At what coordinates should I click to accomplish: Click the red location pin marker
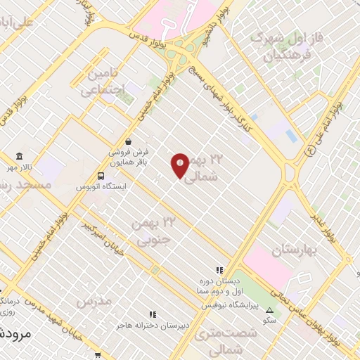click(x=180, y=165)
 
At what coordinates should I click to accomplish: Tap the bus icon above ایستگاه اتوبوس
click(x=102, y=176)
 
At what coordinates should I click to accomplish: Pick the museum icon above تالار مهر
click(x=19, y=156)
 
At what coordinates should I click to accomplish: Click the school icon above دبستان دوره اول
click(x=219, y=269)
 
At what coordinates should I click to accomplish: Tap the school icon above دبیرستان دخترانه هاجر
click(x=151, y=314)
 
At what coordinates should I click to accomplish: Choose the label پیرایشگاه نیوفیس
click(x=230, y=306)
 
